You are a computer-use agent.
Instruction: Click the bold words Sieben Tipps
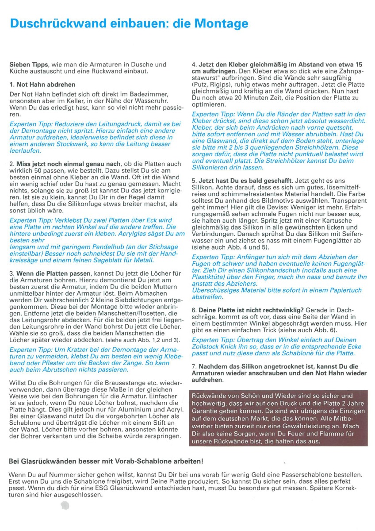(x=28, y=65)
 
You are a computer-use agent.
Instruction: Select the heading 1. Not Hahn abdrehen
(x=42, y=84)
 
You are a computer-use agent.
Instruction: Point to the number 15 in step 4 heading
(x=359, y=64)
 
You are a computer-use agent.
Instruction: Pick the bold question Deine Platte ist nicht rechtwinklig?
(x=249, y=311)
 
